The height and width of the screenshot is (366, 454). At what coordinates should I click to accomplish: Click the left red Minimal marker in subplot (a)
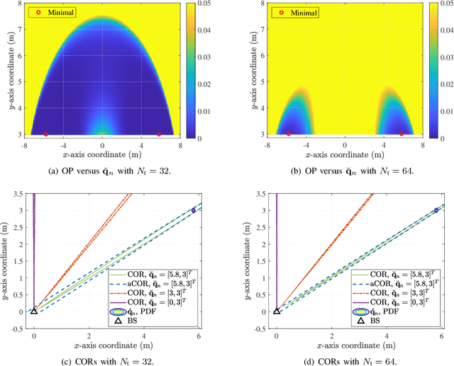click(46, 134)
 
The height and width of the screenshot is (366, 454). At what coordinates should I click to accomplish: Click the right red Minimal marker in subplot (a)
click(159, 134)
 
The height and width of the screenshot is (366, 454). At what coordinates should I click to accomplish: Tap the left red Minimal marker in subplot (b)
click(289, 134)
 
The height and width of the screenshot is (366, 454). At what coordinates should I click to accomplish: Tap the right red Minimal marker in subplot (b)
click(402, 134)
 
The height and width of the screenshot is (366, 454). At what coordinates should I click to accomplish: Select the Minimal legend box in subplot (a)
click(52, 13)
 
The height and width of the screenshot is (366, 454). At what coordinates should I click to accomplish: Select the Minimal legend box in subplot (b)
click(295, 13)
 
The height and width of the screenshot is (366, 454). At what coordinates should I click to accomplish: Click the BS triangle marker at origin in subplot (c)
click(34, 310)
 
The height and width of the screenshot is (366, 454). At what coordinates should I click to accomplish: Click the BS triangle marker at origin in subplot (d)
click(277, 310)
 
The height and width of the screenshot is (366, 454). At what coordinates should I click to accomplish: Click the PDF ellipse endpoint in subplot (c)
click(194, 210)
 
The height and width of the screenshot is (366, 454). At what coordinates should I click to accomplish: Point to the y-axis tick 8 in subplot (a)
click(22, 4)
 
